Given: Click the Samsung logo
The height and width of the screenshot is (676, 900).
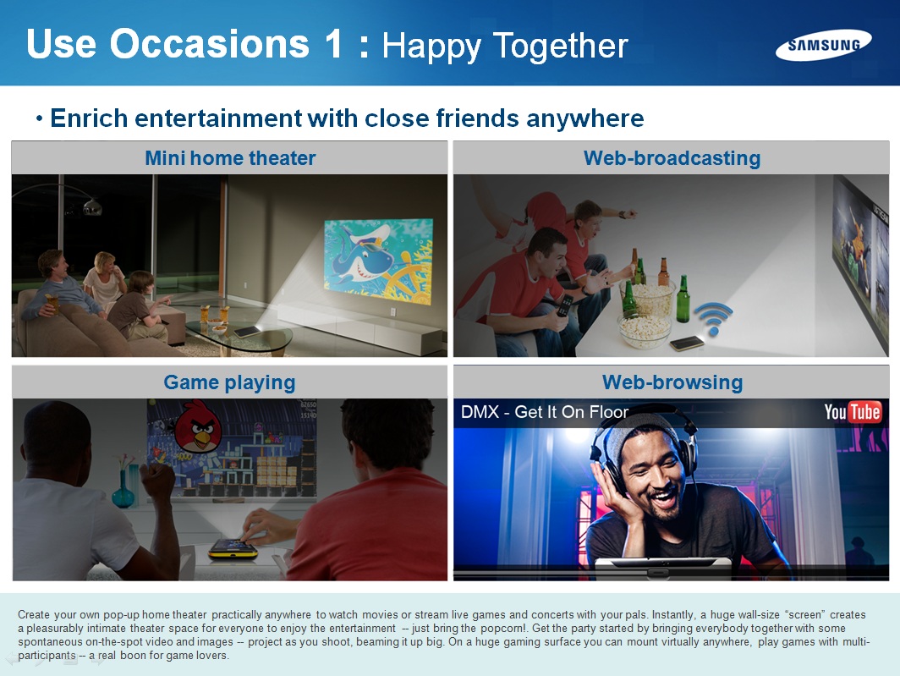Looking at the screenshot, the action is (823, 45).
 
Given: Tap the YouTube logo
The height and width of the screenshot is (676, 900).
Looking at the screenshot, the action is (853, 412).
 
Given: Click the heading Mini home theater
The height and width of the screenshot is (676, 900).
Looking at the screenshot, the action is (230, 158).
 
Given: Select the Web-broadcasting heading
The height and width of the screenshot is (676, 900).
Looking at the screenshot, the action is (672, 158).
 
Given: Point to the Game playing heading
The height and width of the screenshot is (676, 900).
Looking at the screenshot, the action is (229, 382).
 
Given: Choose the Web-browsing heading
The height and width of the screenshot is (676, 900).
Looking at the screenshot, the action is (672, 382).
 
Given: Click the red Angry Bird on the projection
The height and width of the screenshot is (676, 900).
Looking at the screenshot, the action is (198, 426).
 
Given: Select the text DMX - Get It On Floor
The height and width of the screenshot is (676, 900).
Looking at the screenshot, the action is (544, 412).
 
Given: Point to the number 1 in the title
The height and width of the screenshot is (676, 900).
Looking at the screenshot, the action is (333, 44).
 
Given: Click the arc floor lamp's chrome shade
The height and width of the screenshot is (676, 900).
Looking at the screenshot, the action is (92, 206).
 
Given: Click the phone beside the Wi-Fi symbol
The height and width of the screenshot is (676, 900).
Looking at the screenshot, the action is (687, 343).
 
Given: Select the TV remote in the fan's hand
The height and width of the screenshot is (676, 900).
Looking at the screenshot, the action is (565, 305).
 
